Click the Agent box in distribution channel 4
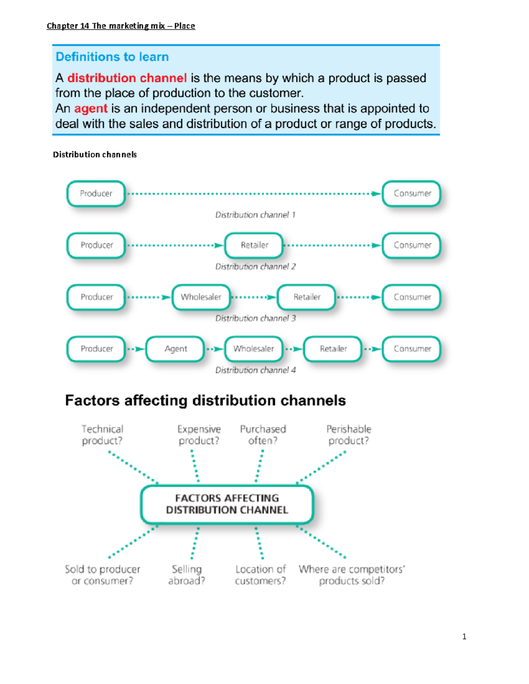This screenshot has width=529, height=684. pos(175,349)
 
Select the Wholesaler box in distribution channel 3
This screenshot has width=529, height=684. pos(201,297)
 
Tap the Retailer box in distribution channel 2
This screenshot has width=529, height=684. pos(254,245)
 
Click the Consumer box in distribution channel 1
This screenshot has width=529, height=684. pos(412,193)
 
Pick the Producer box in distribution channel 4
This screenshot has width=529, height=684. pos(96,349)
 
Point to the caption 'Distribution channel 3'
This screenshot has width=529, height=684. pos(255,318)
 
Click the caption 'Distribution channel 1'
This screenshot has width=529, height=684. pos(255,215)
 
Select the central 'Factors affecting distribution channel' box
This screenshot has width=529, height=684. pos(227,504)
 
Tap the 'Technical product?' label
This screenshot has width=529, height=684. pos(102,435)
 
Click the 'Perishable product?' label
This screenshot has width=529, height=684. pos(349,435)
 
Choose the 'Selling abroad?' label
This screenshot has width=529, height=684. pos(186,575)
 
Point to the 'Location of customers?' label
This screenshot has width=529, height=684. pos(260,575)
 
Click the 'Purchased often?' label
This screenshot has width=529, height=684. pos(263,435)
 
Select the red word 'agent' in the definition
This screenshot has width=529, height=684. pos(91,108)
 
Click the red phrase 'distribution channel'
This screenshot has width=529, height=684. pos(127,78)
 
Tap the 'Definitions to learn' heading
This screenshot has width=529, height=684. pos(112,57)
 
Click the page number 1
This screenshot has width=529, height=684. pos(464,636)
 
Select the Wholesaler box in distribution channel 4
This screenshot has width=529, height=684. pos(254,349)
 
